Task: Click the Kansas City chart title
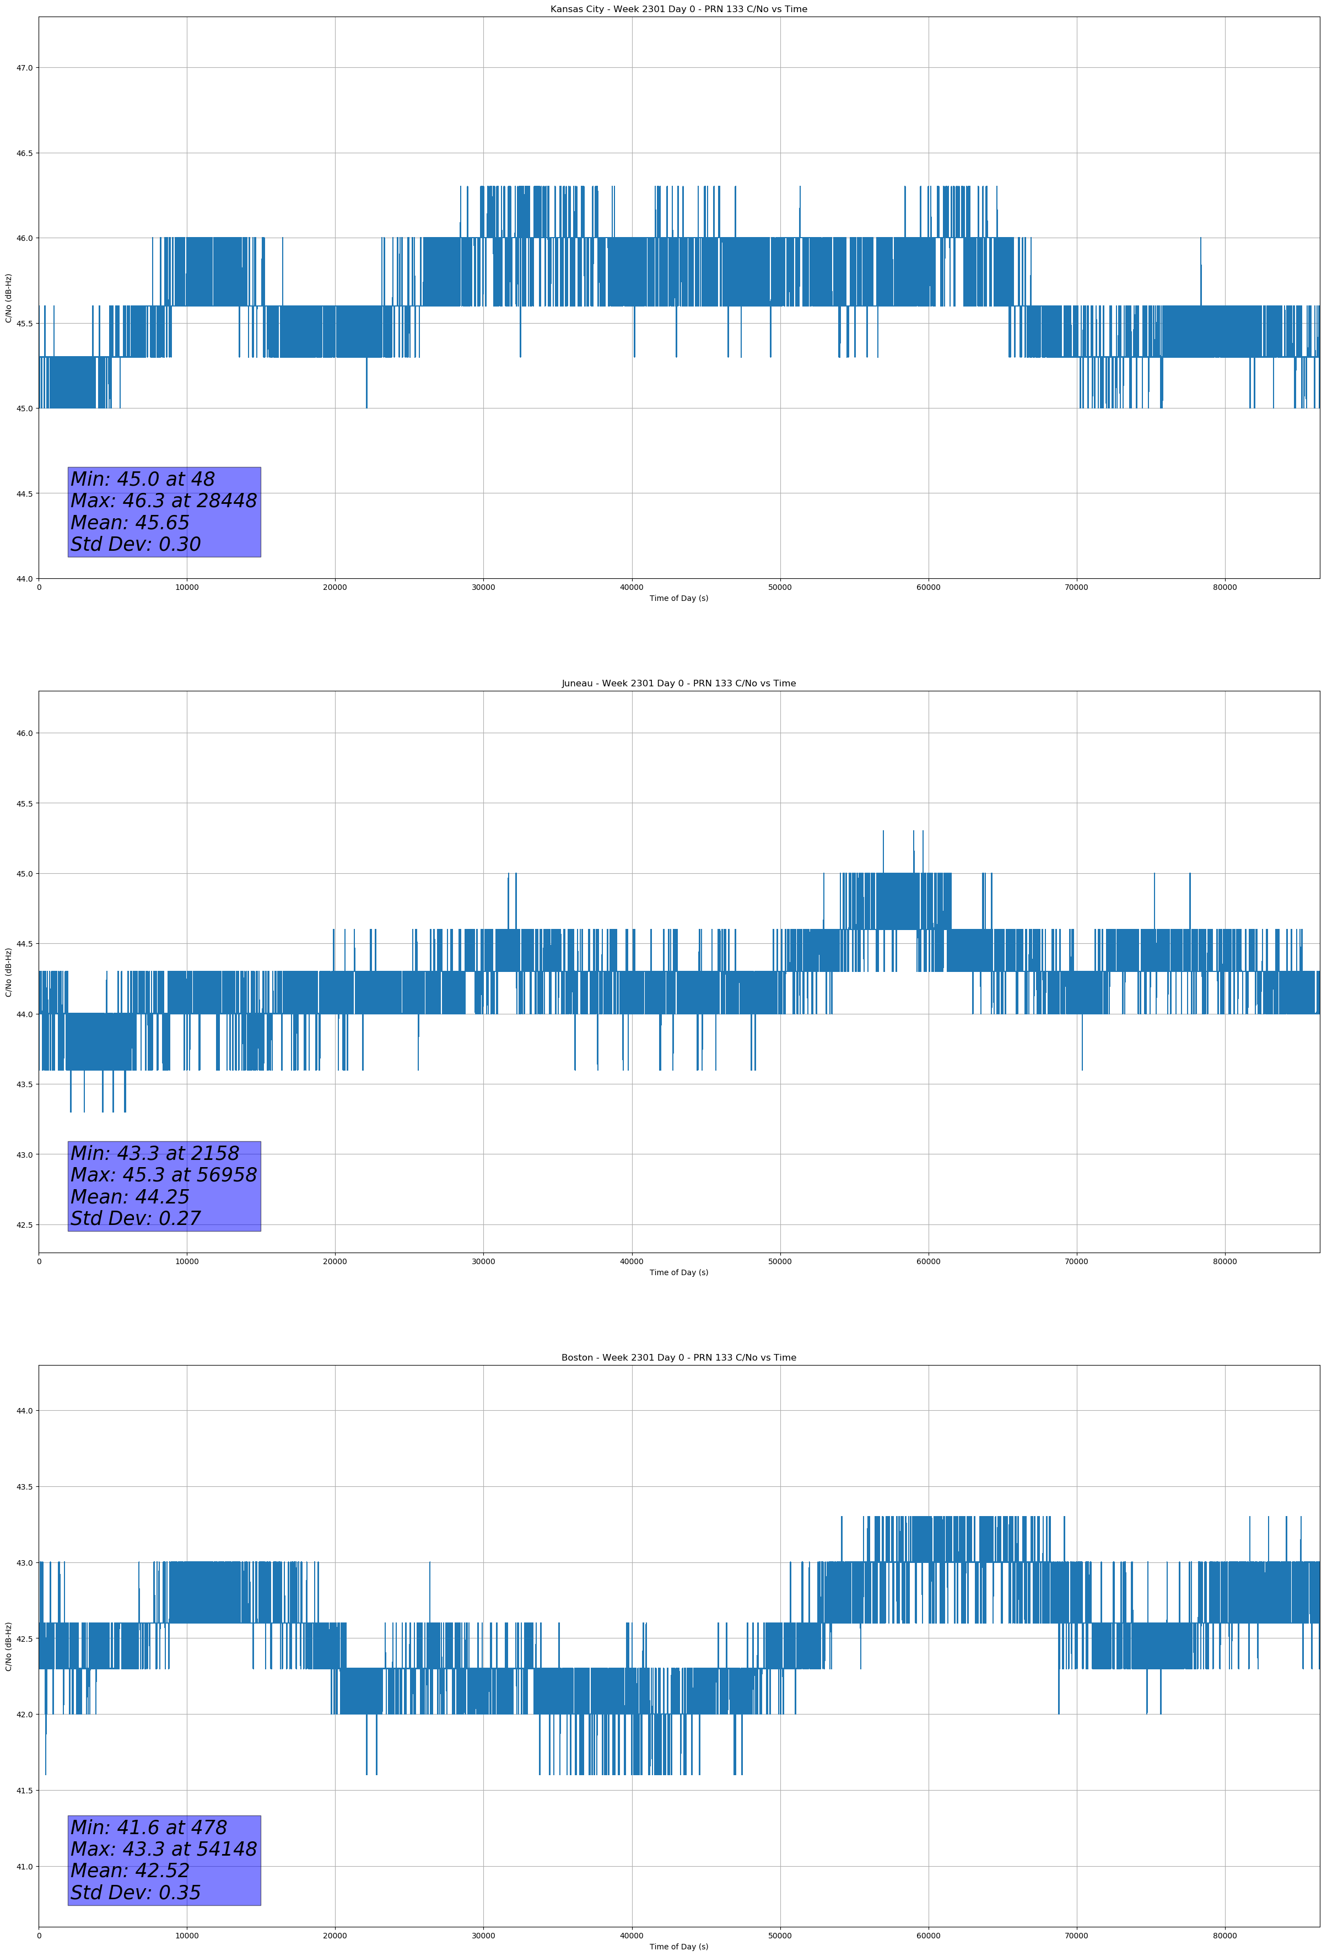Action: [678, 9]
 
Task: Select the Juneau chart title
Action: [678, 684]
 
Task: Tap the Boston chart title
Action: [678, 1358]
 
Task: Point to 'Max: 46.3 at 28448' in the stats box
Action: [163, 501]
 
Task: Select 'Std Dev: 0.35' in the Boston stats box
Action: [136, 1893]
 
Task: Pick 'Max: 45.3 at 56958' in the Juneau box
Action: [163, 1175]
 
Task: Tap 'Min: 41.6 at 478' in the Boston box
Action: [148, 1828]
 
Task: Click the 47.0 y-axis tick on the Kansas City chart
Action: [24, 68]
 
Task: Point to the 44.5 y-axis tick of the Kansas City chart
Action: [24, 494]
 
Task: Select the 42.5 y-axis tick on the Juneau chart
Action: [24, 1224]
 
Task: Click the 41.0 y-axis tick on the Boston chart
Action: [24, 1867]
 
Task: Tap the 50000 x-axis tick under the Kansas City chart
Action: [779, 588]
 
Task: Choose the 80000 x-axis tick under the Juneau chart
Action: [1224, 1261]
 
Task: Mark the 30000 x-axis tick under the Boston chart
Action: [483, 1936]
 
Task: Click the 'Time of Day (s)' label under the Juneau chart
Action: [678, 1272]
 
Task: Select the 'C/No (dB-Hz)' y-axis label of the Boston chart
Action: [8, 1646]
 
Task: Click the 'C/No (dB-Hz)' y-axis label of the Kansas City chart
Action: [8, 298]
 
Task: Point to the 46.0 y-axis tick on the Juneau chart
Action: [24, 733]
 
